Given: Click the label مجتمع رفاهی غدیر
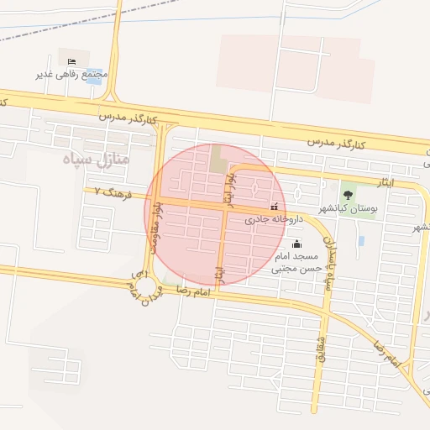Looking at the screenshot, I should point(72,75).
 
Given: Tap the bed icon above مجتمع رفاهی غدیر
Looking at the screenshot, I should point(71,61).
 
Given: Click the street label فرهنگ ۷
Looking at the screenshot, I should point(107,191).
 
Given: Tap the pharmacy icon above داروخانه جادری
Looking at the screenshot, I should point(274,207).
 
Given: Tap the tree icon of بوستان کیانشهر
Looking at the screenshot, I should point(348,195).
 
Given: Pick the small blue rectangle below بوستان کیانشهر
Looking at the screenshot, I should point(361,241).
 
